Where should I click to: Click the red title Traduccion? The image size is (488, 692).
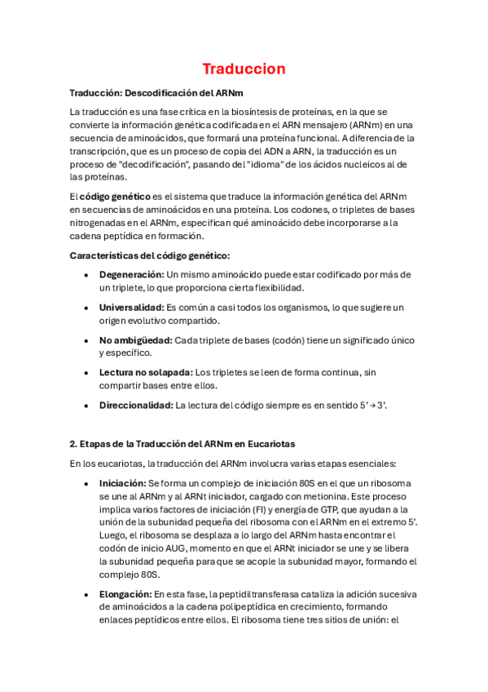(244, 69)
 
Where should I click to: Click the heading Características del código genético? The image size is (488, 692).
(150, 255)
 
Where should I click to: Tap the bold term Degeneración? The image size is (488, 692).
(132, 274)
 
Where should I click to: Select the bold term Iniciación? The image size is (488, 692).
(122, 483)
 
